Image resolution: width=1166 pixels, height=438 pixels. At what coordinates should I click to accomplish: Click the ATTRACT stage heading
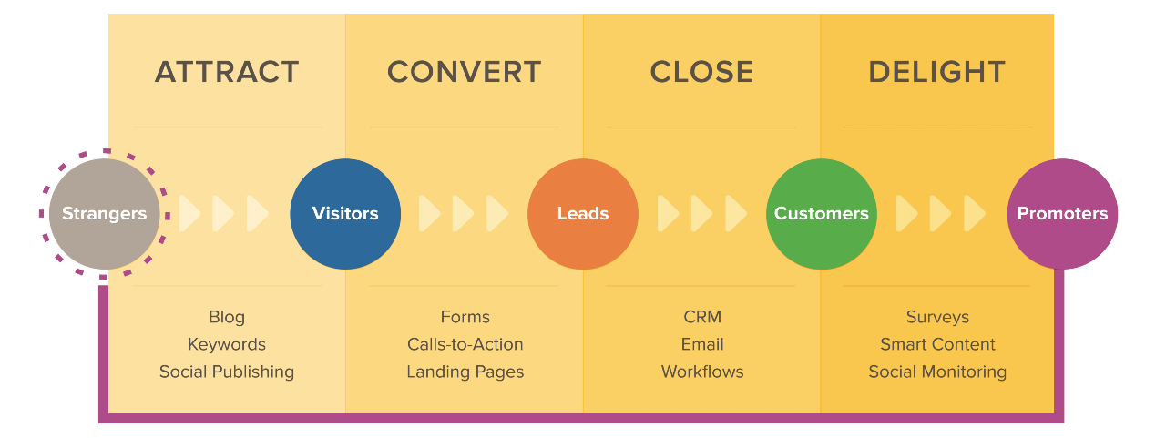point(227,72)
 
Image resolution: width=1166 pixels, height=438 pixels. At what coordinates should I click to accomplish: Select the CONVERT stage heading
point(464,72)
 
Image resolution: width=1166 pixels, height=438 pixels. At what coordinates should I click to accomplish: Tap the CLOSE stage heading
point(701,72)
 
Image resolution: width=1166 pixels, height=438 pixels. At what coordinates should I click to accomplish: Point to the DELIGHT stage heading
point(936,72)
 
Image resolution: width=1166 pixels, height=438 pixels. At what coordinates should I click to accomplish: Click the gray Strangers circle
point(104,214)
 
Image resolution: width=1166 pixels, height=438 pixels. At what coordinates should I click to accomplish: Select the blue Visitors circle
point(345,214)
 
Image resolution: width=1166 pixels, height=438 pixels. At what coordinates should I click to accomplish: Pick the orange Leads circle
point(583,214)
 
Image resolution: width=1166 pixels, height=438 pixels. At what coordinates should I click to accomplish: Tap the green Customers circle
point(821,214)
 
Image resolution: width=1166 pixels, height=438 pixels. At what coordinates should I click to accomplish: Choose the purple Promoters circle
point(1062,214)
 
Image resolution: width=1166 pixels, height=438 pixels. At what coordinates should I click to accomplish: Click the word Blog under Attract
point(227,317)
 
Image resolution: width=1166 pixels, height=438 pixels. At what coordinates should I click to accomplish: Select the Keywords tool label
point(227,344)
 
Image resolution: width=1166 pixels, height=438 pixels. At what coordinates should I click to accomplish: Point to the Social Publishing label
point(227,372)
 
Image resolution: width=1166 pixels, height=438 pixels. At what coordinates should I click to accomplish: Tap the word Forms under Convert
point(465,317)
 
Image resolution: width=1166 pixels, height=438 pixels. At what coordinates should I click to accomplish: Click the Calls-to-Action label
point(465,344)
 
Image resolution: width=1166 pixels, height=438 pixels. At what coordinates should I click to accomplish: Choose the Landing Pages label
point(465,372)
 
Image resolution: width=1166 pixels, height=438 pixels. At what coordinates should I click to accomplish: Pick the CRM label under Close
point(702,317)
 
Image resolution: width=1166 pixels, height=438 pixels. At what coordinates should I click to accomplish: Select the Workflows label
point(702,372)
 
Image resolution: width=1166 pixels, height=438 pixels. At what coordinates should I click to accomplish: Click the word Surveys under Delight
point(937,317)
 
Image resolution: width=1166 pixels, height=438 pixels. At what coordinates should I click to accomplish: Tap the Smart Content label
point(937,344)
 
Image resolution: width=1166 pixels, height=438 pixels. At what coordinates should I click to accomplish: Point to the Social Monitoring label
point(937,372)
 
